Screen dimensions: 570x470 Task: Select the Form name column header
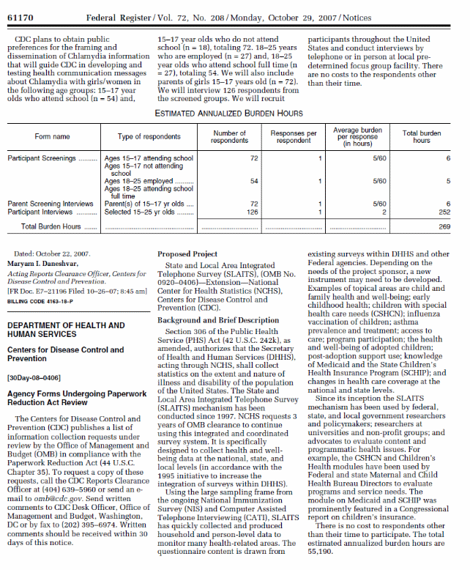[x=52, y=136]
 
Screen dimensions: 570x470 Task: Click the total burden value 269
[x=443, y=227]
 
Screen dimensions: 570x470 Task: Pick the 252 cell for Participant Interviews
[x=443, y=212]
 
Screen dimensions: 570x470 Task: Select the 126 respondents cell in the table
[x=253, y=212]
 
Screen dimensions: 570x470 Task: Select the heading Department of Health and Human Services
[x=65, y=330]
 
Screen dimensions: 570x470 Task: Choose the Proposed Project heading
[x=188, y=253]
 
